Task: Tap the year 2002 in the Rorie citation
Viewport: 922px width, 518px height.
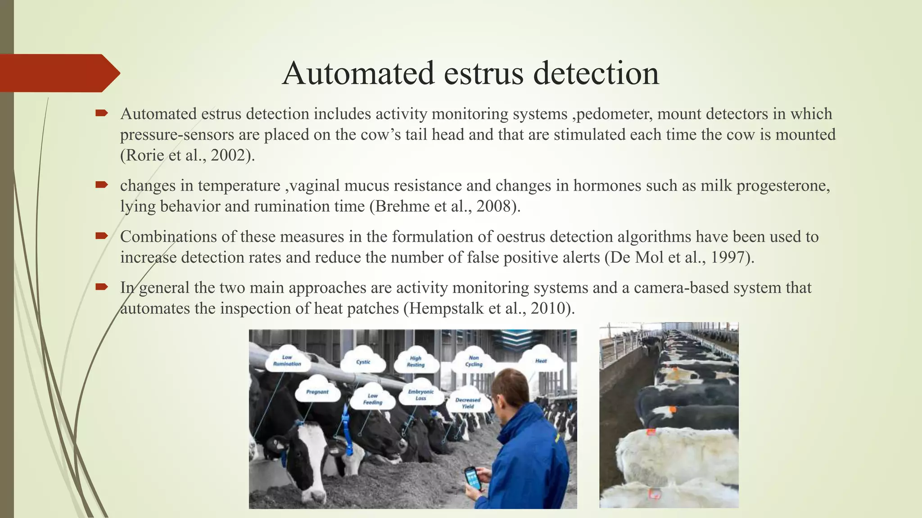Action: click(229, 155)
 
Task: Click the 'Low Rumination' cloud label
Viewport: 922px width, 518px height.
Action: click(287, 361)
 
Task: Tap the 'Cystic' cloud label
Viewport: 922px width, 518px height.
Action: click(363, 362)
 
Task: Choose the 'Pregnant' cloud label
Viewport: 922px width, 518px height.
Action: click(317, 392)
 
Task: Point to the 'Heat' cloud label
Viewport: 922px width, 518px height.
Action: click(541, 361)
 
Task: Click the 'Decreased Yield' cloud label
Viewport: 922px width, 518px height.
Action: click(468, 403)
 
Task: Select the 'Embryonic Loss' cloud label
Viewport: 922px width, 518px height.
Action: click(420, 395)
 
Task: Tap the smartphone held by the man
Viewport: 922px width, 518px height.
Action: click(472, 478)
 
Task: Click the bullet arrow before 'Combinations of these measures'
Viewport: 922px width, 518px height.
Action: click(101, 236)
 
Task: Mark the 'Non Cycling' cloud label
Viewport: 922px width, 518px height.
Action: click(474, 361)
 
